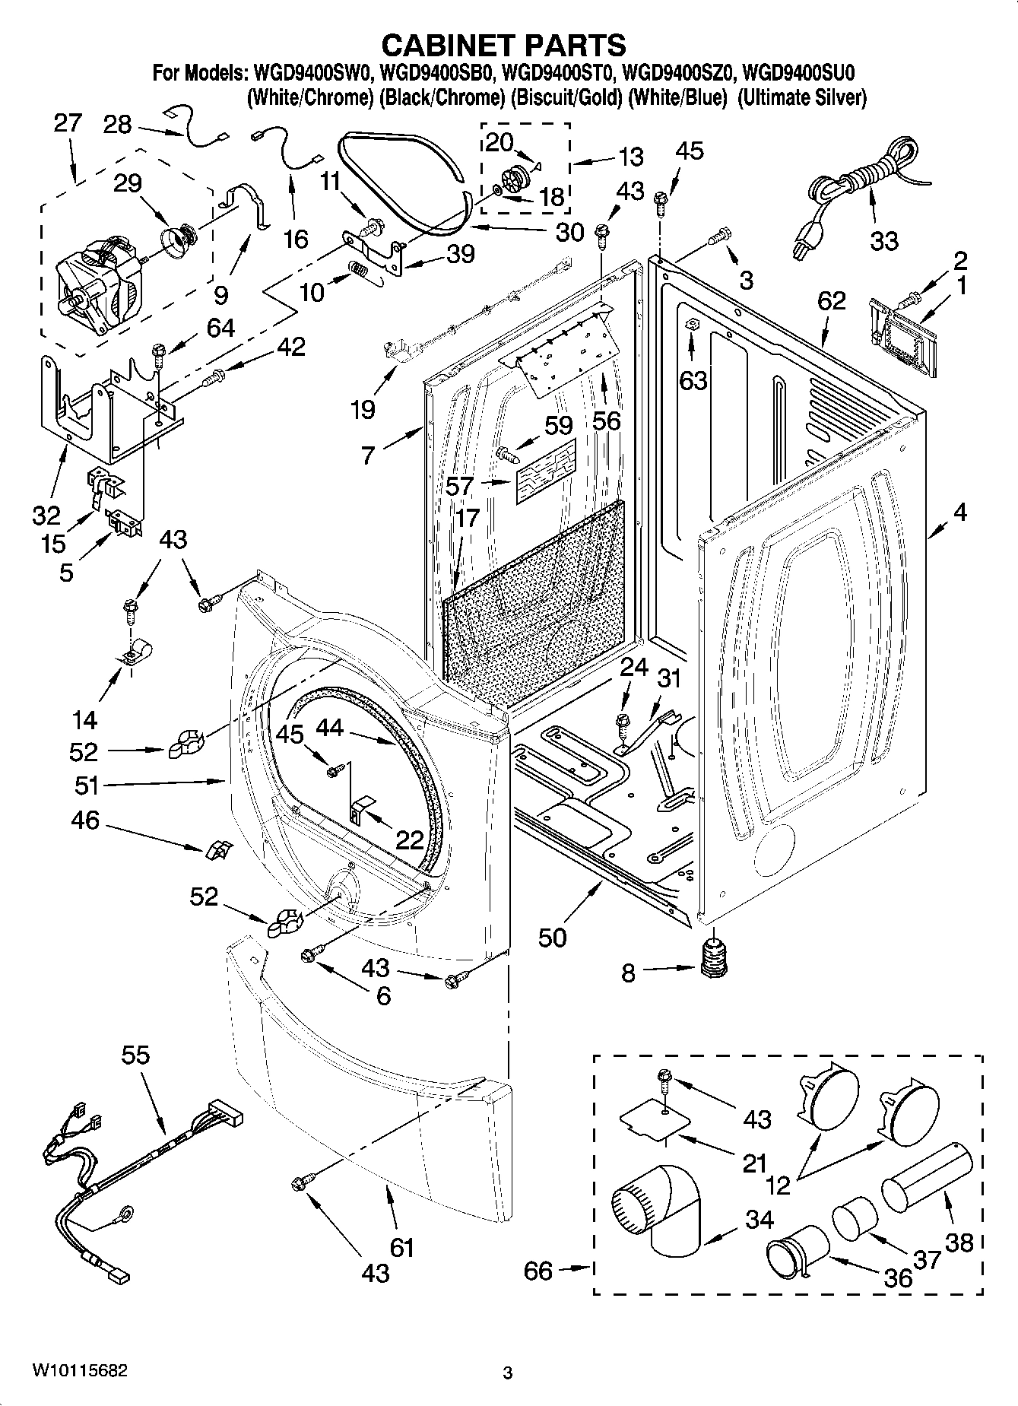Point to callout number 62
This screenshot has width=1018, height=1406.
pyautogui.click(x=831, y=301)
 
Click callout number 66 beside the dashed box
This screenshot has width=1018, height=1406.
pyautogui.click(x=538, y=1271)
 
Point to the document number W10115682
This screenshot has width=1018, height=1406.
pyautogui.click(x=78, y=1372)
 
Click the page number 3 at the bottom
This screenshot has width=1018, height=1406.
pyautogui.click(x=508, y=1373)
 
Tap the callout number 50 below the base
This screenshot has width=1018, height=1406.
pyautogui.click(x=552, y=938)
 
